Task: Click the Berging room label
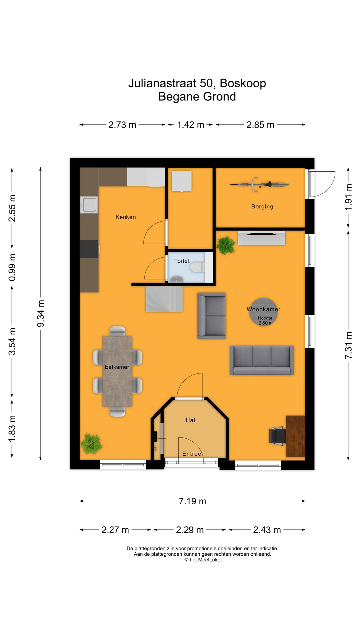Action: coord(262,207)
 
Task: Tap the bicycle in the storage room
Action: coord(259,184)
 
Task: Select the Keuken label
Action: coord(125,217)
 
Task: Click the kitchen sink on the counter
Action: coord(89,204)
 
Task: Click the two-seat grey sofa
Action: coord(212,316)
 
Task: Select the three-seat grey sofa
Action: coord(262,360)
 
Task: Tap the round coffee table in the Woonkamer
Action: coord(263,311)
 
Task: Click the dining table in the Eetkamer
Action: coord(117,371)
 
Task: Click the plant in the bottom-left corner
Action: coord(91,444)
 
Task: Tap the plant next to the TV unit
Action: coord(226,245)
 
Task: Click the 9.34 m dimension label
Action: coord(41,313)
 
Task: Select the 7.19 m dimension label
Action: coord(192,501)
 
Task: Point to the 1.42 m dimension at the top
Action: coord(190,125)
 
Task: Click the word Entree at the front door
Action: coord(192,454)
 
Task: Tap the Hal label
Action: coord(190,420)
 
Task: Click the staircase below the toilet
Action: coord(164,299)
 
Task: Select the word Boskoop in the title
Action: coord(243,83)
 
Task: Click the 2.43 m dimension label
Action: coord(267,530)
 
